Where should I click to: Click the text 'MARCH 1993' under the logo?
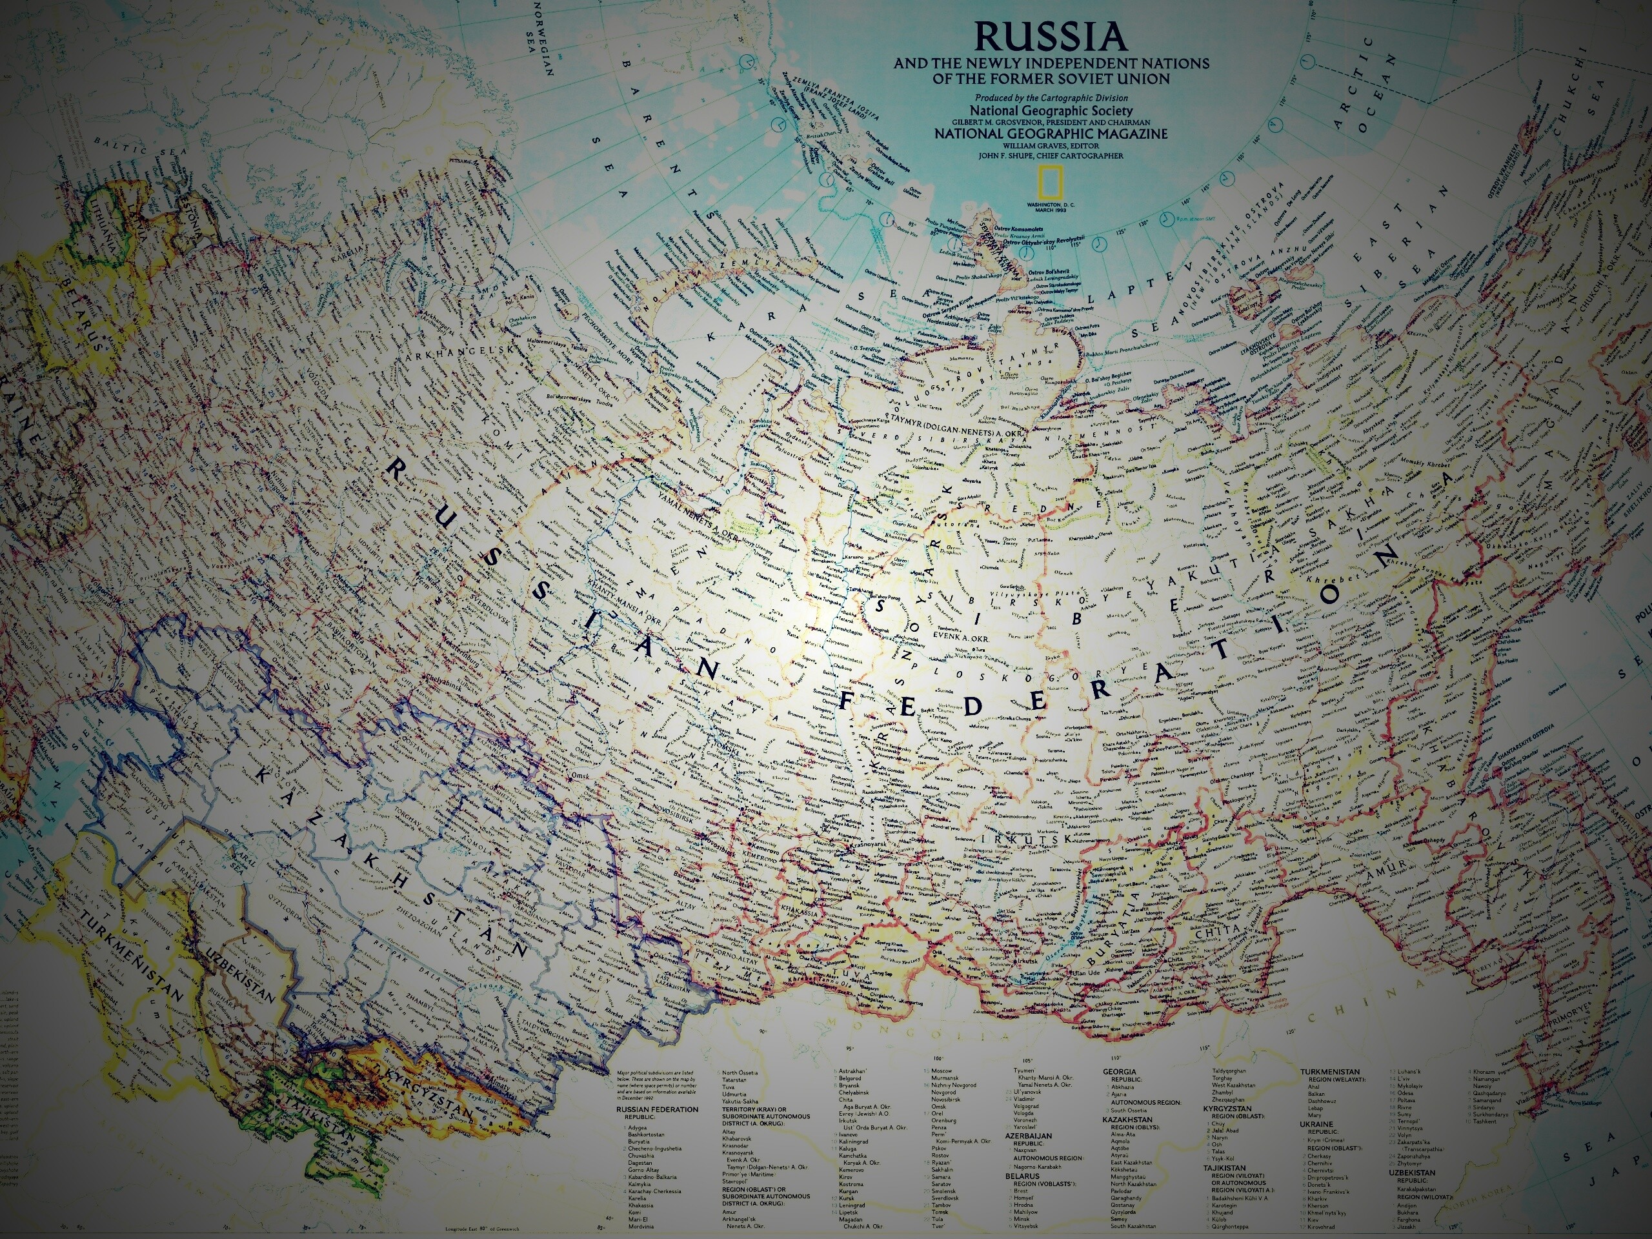coord(1050,209)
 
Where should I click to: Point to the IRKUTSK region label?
coord(1031,840)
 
